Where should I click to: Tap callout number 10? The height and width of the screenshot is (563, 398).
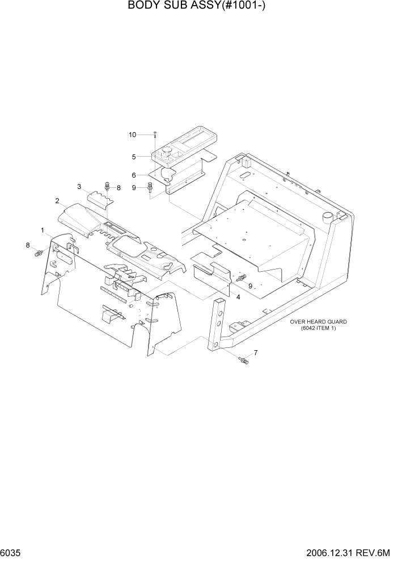pyautogui.click(x=133, y=135)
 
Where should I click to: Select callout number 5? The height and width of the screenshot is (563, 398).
pyautogui.click(x=134, y=157)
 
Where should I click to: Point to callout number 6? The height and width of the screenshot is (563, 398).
pyautogui.click(x=134, y=175)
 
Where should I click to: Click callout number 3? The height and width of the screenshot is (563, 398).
pyautogui.click(x=79, y=186)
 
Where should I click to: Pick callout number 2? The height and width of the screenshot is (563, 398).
pyautogui.click(x=57, y=200)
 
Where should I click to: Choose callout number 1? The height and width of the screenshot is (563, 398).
pyautogui.click(x=43, y=230)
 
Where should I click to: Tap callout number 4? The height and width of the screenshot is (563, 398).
pyautogui.click(x=238, y=297)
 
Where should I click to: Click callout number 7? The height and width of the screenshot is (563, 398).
pyautogui.click(x=256, y=353)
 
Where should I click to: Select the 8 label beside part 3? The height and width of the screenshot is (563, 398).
pyautogui.click(x=118, y=188)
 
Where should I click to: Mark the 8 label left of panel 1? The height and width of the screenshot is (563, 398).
pyautogui.click(x=27, y=245)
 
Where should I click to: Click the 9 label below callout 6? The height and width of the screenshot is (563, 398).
pyautogui.click(x=134, y=188)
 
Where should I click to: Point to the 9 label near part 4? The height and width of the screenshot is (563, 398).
pyautogui.click(x=250, y=285)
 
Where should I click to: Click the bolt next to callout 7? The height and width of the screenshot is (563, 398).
pyautogui.click(x=244, y=360)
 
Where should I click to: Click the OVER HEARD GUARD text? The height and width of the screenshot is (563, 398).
pyautogui.click(x=318, y=322)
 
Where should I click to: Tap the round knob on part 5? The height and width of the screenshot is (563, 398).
pyautogui.click(x=168, y=151)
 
